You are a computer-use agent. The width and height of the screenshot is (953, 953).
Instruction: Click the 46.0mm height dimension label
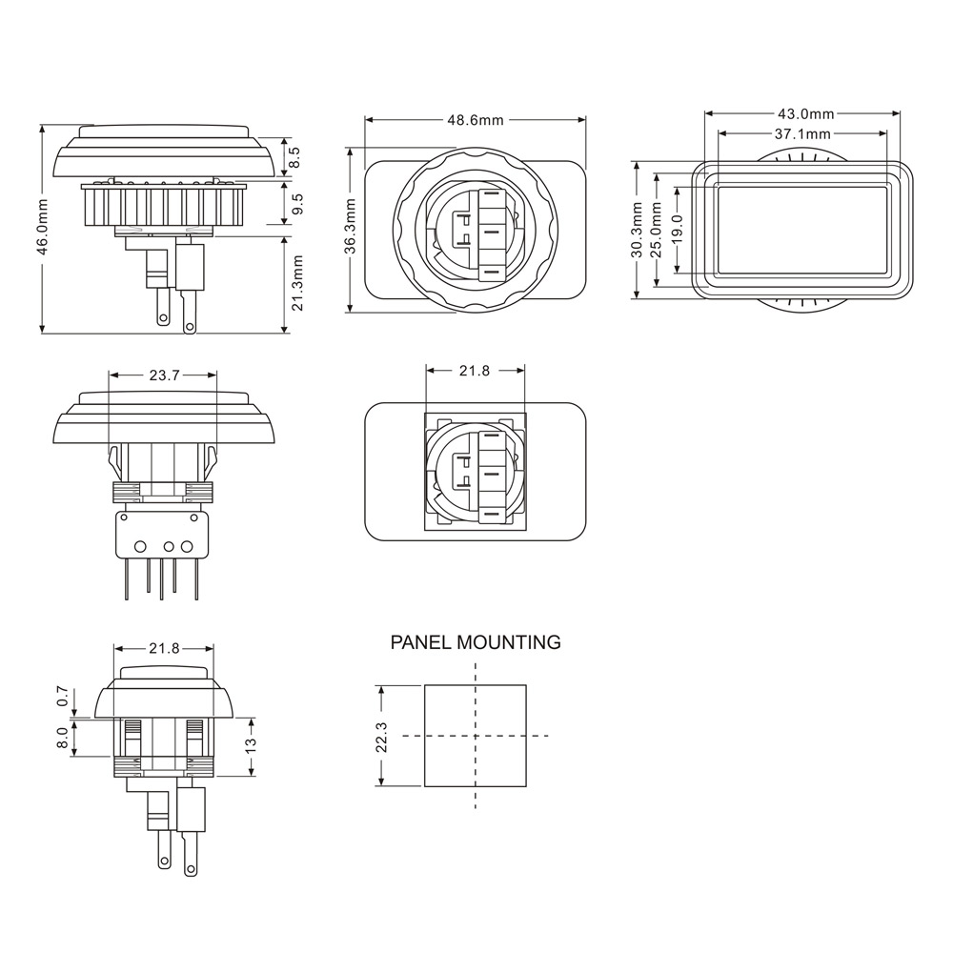click(43, 227)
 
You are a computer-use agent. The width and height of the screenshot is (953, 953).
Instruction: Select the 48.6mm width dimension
click(476, 120)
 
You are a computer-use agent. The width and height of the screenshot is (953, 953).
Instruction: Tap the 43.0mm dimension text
click(805, 113)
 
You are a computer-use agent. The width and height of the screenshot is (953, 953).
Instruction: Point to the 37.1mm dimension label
click(802, 133)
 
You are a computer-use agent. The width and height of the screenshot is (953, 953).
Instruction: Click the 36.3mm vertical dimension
click(352, 227)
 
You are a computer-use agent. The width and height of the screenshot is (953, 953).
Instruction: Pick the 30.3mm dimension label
click(637, 230)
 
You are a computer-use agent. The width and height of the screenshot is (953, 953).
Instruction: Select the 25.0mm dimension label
click(656, 230)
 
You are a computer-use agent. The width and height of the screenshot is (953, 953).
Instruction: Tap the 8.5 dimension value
click(294, 157)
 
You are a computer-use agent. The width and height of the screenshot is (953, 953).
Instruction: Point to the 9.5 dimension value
click(297, 204)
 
